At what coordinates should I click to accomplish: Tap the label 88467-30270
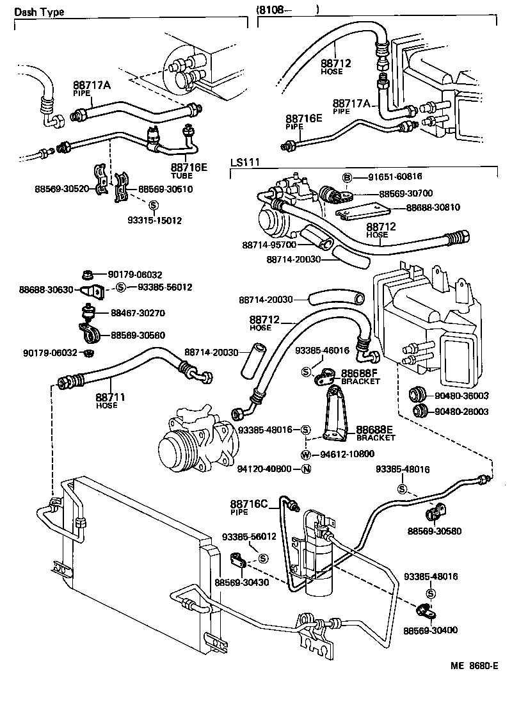coord(138,314)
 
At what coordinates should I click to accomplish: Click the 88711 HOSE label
coord(110,400)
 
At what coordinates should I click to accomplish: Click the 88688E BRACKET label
coord(375,433)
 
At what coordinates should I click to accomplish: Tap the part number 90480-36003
coord(461,396)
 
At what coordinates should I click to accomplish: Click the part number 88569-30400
coord(430,631)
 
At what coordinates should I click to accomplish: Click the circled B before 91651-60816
coord(347,177)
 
